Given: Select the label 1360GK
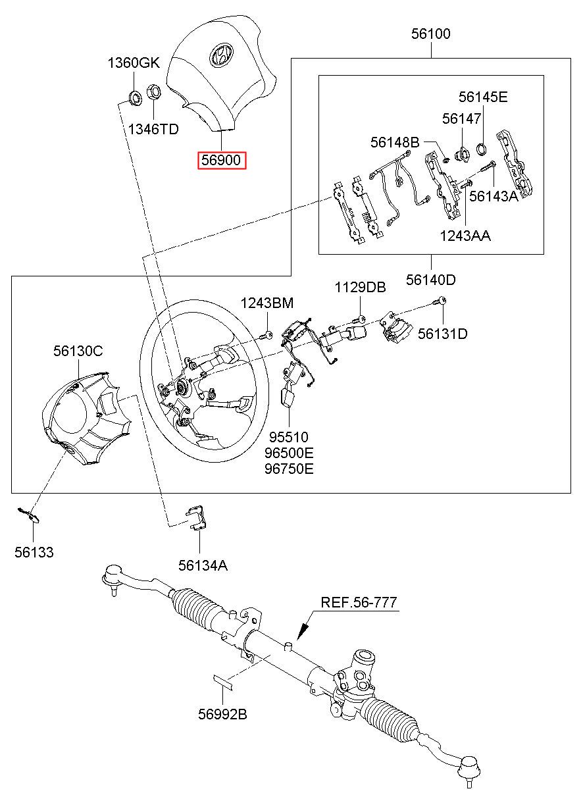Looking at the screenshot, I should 134,63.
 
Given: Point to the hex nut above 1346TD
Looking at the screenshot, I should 153,92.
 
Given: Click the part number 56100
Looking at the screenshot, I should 431,34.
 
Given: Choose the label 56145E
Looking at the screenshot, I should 483,97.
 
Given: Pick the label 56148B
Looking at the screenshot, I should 394,141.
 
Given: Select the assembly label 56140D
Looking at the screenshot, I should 430,279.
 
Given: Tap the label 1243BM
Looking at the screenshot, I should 266,303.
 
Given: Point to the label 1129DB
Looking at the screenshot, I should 360,288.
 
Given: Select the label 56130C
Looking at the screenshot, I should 78,351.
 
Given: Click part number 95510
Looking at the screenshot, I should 286,436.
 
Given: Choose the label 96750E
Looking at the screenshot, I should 289,469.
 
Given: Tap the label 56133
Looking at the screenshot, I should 34,553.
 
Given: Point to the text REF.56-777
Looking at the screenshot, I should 359,602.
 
